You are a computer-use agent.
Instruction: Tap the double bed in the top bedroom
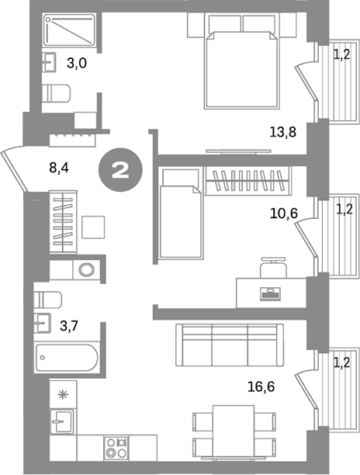pyautogui.click(x=243, y=67)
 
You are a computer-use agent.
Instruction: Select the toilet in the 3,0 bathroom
pyautogui.click(x=55, y=93)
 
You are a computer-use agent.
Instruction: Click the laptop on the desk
pyautogui.click(x=270, y=293)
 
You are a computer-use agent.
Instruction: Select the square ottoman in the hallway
pyautogui.click(x=92, y=227)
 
